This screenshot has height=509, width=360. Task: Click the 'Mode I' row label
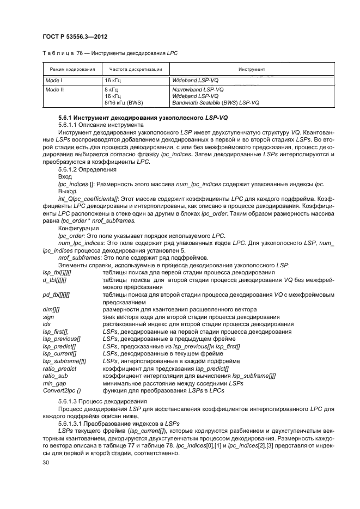coord(53,80)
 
